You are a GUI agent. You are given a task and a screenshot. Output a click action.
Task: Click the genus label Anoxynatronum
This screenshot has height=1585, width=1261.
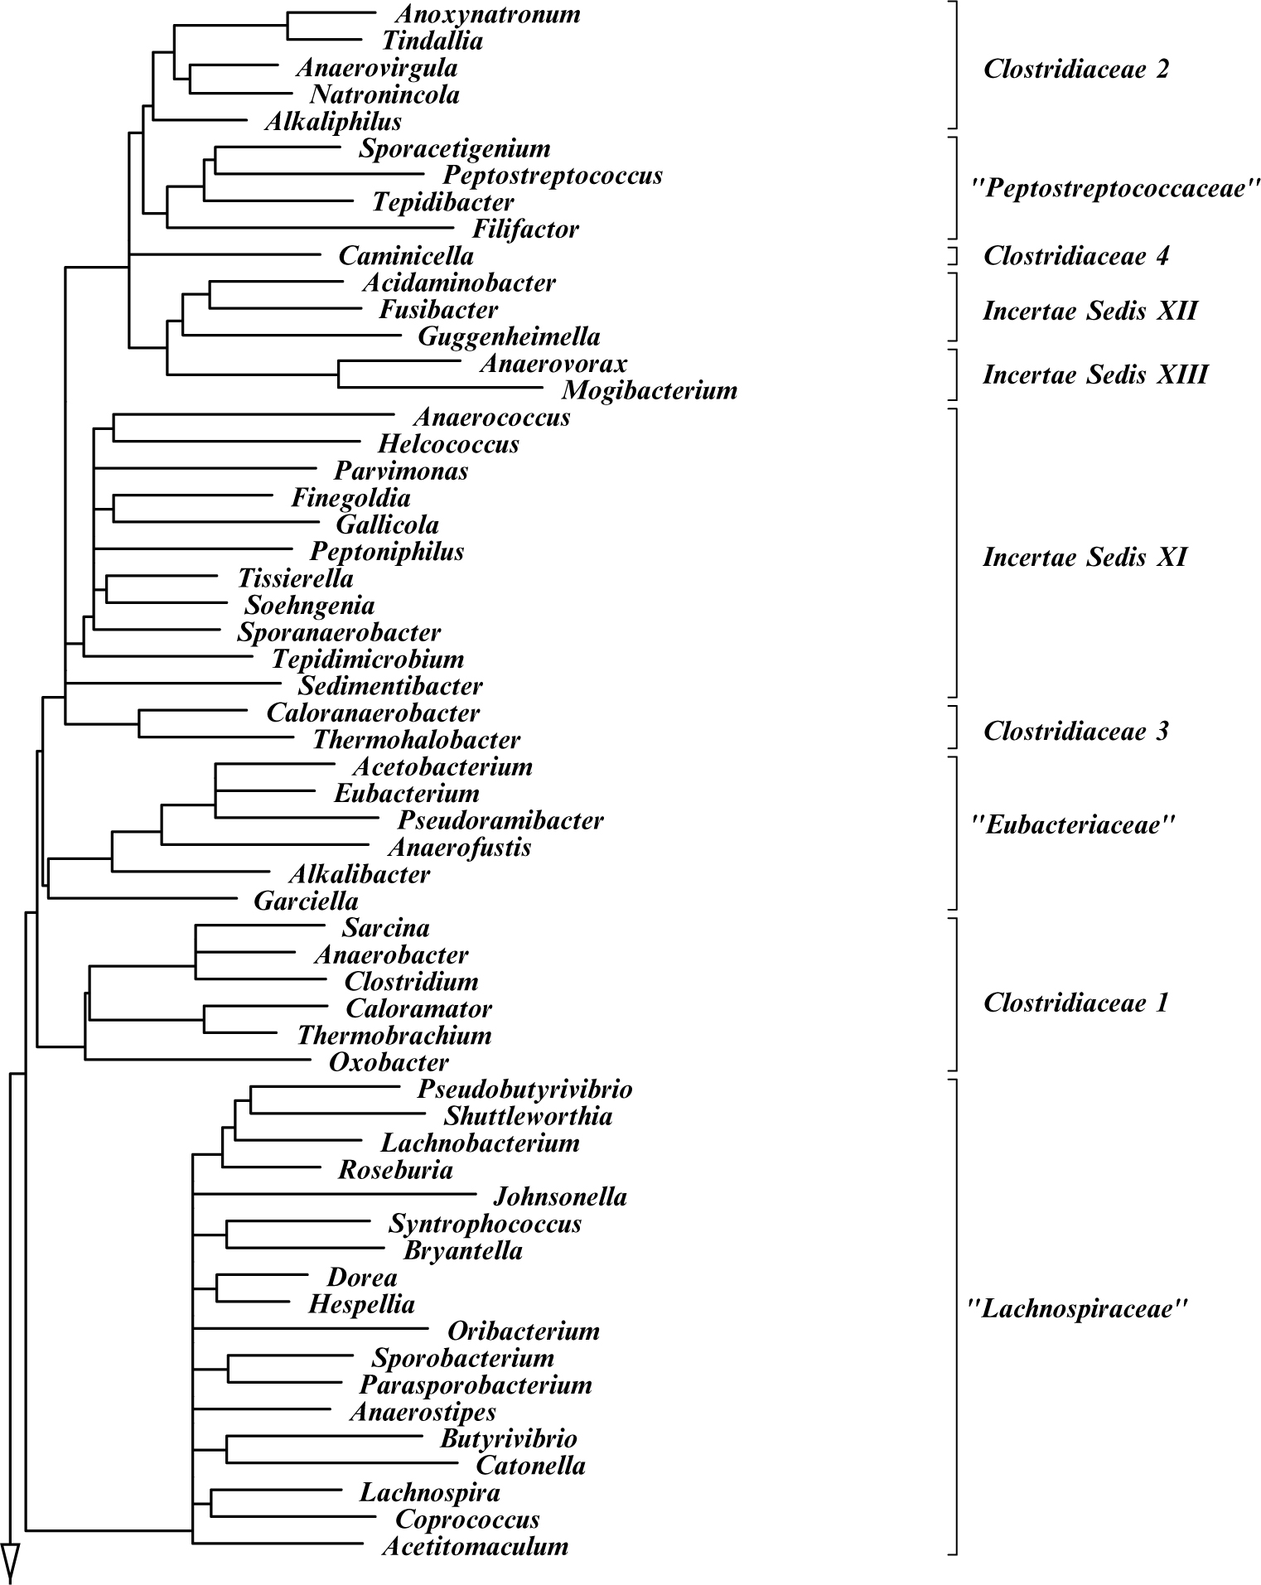point(487,14)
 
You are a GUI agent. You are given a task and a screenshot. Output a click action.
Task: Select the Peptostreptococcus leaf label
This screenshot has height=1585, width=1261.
point(553,176)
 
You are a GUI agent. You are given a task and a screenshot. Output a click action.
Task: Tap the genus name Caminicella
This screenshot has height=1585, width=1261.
point(406,256)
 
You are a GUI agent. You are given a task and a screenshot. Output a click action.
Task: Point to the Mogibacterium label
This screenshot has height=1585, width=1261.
point(650,390)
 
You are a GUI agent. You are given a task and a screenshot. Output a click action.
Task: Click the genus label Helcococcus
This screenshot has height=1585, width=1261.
point(448,444)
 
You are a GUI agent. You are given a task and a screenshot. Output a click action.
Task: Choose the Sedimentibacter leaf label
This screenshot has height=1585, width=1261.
point(389,686)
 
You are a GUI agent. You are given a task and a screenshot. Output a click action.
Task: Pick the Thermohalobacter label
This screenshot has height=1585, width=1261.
point(417,740)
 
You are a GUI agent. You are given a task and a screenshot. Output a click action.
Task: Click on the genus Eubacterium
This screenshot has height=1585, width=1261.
point(407,794)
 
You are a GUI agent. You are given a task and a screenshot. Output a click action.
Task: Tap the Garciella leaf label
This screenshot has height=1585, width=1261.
point(306,901)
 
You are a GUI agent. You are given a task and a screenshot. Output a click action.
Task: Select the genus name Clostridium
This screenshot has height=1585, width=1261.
point(411,982)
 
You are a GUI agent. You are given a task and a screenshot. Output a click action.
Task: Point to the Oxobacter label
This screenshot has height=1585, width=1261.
point(389,1062)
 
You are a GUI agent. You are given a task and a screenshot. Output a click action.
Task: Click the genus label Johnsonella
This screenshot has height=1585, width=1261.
point(560,1197)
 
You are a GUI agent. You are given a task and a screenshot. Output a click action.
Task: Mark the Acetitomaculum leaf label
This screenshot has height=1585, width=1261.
point(475,1546)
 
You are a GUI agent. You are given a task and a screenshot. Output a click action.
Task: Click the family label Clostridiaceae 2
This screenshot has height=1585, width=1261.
point(1075,69)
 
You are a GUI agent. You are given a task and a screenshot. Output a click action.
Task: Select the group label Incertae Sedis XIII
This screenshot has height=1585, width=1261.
point(1094,375)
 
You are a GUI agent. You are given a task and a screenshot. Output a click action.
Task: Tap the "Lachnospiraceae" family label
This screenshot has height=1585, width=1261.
point(1077,1310)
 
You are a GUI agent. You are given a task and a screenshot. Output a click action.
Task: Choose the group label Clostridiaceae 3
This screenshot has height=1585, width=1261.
point(1075,731)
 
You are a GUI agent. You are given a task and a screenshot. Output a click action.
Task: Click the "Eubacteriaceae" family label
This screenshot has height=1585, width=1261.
point(1072,825)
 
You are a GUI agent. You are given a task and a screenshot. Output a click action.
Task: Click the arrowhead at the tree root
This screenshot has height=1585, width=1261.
point(10,1558)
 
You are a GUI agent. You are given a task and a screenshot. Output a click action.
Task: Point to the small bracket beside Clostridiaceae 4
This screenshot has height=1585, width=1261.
point(954,255)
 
